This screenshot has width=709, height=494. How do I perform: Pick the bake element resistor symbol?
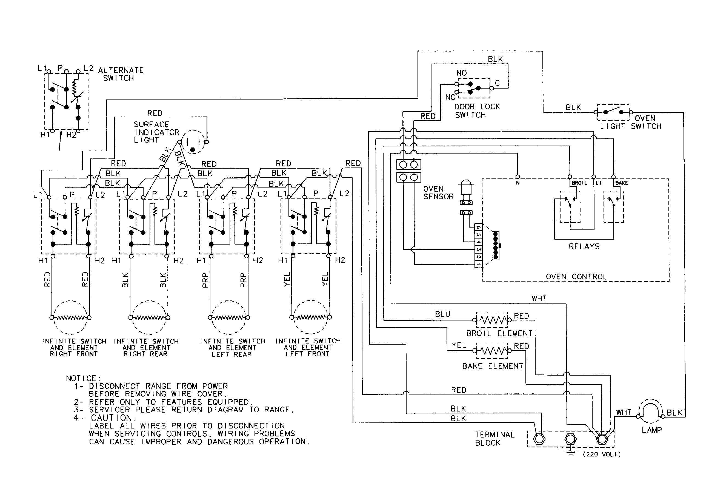click(491, 350)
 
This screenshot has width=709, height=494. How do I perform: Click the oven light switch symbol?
click(613, 112)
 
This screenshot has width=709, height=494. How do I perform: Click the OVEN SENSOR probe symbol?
click(466, 188)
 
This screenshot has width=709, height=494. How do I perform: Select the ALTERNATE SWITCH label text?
click(121, 74)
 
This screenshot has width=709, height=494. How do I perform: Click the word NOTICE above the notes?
click(83, 378)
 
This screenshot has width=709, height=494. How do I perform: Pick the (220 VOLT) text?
click(602, 454)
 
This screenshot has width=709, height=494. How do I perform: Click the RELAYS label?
click(584, 246)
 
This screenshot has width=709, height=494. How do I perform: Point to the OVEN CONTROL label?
click(576, 277)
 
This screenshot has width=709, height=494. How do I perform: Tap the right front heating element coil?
click(70, 317)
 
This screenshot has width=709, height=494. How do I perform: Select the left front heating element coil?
click(310, 317)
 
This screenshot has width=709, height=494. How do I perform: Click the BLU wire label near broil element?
click(442, 314)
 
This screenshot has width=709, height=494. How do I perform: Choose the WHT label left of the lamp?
click(624, 412)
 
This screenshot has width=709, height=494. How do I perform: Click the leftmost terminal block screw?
click(539, 439)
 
